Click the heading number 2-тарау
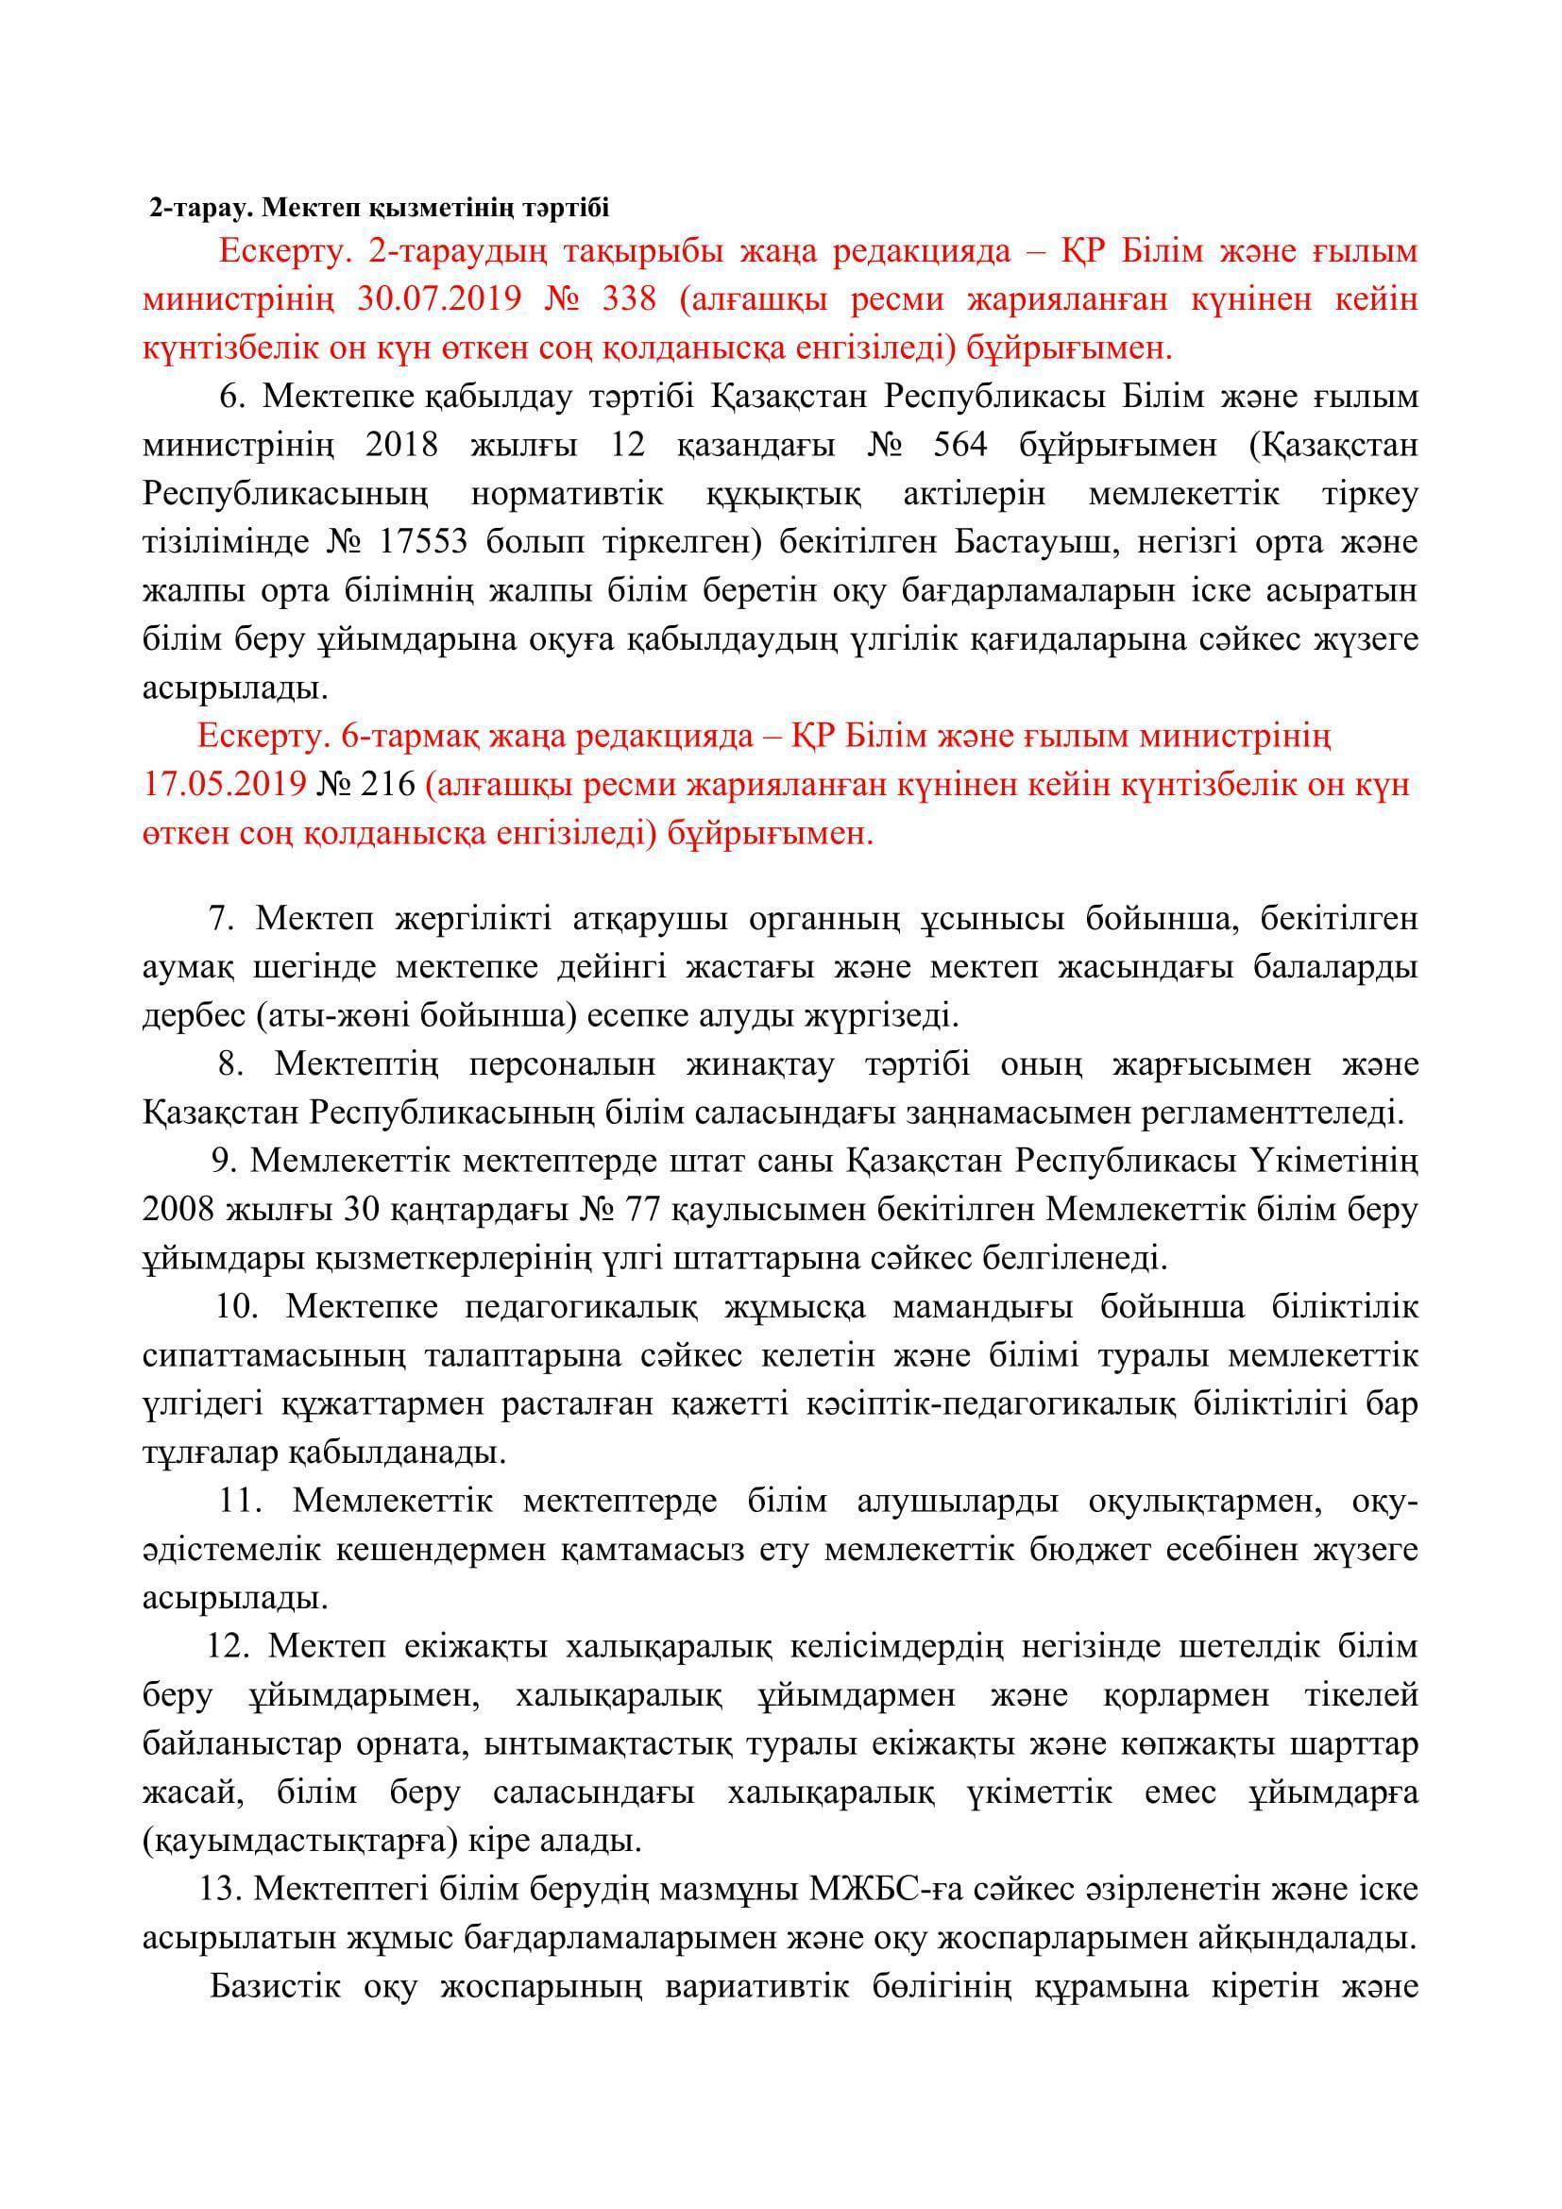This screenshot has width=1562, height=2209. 202,208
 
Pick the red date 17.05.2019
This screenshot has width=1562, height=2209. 226,785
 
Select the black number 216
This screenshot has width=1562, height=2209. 388,785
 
